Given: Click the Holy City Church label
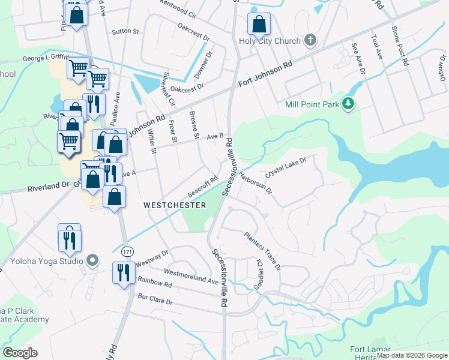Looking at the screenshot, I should (x=270, y=41).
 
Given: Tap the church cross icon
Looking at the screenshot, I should (x=310, y=41).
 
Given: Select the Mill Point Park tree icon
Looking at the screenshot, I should (x=348, y=104).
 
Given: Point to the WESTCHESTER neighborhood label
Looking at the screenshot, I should (x=175, y=205).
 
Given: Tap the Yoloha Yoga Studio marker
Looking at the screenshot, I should (x=92, y=261).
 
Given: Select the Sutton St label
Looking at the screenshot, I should (x=125, y=31).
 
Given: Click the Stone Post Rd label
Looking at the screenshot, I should (x=400, y=46).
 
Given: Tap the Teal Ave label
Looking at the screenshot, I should (x=377, y=46).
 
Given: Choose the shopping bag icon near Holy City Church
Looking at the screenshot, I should (x=259, y=25).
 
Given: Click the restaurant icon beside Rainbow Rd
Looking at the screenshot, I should (x=122, y=273).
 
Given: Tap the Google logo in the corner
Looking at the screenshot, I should (x=20, y=353).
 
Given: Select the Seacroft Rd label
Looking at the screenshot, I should (x=202, y=187).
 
